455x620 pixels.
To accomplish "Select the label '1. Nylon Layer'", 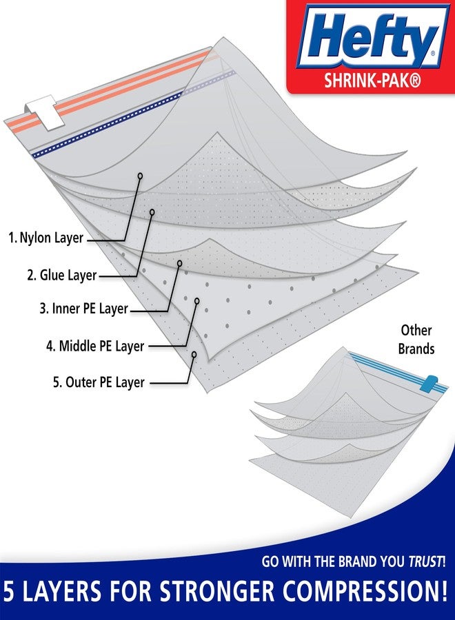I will tap(45, 238).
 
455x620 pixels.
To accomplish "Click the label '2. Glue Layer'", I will tap(62, 276).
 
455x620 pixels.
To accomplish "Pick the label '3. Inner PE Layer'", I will tap(83, 309).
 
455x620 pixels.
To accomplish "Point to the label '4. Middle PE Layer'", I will tap(95, 346).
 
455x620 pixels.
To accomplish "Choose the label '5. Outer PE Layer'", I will tap(99, 382).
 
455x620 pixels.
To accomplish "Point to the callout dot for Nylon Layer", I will tap(139, 176).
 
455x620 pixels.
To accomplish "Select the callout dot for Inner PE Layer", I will tap(180, 263).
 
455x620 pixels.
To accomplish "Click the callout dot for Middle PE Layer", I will tap(198, 301).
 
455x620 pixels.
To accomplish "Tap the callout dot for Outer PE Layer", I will tap(194, 355).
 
